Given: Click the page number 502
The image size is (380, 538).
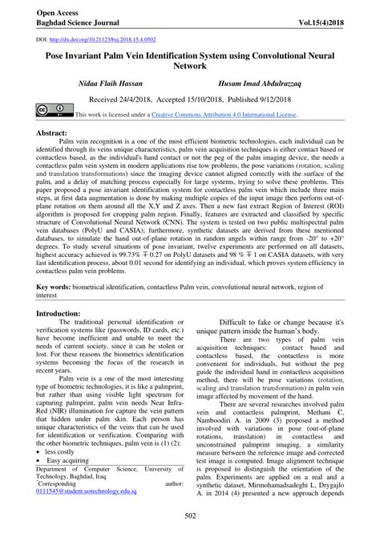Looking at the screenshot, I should tap(190, 525).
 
